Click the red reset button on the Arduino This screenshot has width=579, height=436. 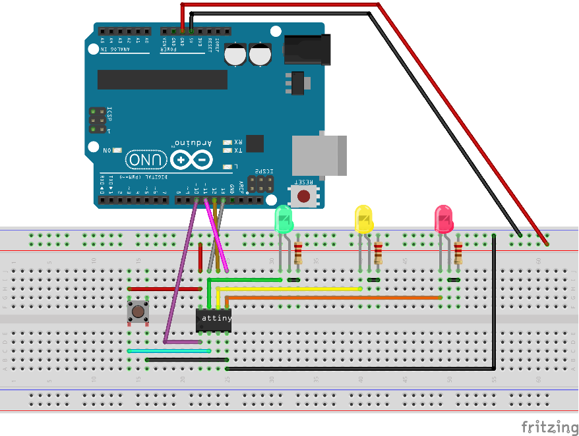coord(303,196)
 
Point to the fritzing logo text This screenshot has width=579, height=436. coord(548,427)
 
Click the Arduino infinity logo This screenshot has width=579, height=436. coord(191,159)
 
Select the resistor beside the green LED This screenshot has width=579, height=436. coord(298,253)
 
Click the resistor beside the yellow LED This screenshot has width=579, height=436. coord(378,253)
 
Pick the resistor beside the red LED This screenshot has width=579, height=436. coord(458,253)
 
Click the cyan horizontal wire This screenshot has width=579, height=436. coord(169,351)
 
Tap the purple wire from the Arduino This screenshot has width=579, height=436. coord(179,277)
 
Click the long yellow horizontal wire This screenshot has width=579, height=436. coord(290,289)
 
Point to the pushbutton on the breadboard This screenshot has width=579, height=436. coord(137,312)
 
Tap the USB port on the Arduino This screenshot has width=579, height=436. coord(319,155)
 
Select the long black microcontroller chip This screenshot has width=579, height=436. coord(162,79)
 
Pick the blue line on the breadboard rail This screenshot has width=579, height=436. coord(289,390)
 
